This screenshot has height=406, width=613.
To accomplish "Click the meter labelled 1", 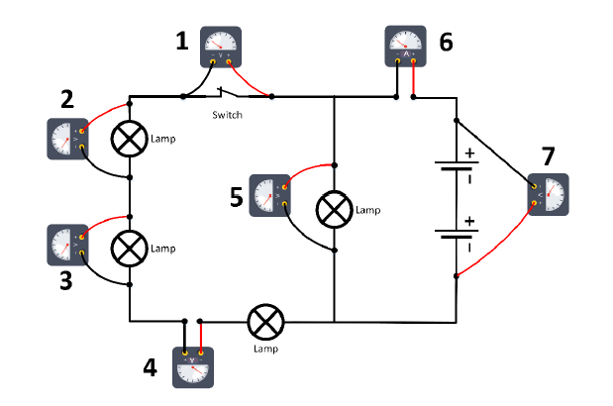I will [221, 47].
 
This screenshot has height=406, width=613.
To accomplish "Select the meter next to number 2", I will [67, 140].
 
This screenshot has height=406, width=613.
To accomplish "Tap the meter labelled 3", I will [67, 245].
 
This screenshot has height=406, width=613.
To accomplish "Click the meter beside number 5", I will [268, 194].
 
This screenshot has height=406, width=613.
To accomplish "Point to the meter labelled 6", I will [405, 47].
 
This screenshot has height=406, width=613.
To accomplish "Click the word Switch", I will [227, 115].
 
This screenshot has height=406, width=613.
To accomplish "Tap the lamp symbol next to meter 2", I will [129, 140].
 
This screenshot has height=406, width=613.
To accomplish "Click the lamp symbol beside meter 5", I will [335, 210].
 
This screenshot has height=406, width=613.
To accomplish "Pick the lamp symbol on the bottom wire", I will [264, 321].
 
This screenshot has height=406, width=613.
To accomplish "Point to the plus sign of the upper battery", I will [469, 152].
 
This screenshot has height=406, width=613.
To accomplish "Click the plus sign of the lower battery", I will [469, 221].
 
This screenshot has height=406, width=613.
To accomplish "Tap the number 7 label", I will [548, 156].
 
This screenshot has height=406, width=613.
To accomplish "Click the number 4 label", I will [150, 368].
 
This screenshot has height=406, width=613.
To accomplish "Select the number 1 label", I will [181, 42].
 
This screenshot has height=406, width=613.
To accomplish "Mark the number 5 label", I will [236, 196].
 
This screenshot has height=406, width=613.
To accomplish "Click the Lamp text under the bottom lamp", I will [264, 349].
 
